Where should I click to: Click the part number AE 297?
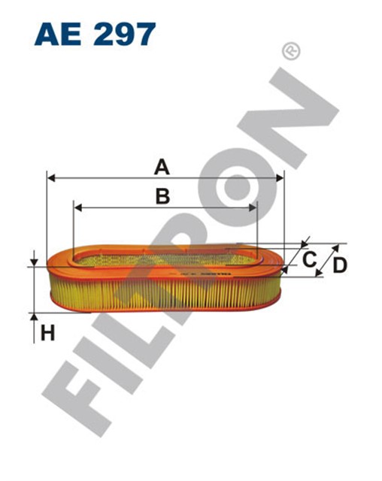pos(95,33)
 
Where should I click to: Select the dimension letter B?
pos(162,195)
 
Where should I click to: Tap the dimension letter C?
pos(308,260)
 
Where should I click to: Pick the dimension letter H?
pos(47,332)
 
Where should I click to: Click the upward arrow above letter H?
pos(35,319)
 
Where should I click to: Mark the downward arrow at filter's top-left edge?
pos(35,261)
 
